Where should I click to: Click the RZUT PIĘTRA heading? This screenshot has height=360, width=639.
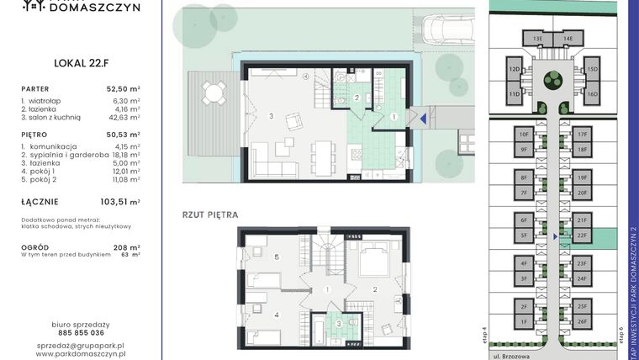210,214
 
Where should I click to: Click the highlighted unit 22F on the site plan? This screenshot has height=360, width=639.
582,236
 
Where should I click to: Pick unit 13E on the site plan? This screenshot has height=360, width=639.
537,39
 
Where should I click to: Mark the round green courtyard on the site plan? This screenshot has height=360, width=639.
552,81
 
